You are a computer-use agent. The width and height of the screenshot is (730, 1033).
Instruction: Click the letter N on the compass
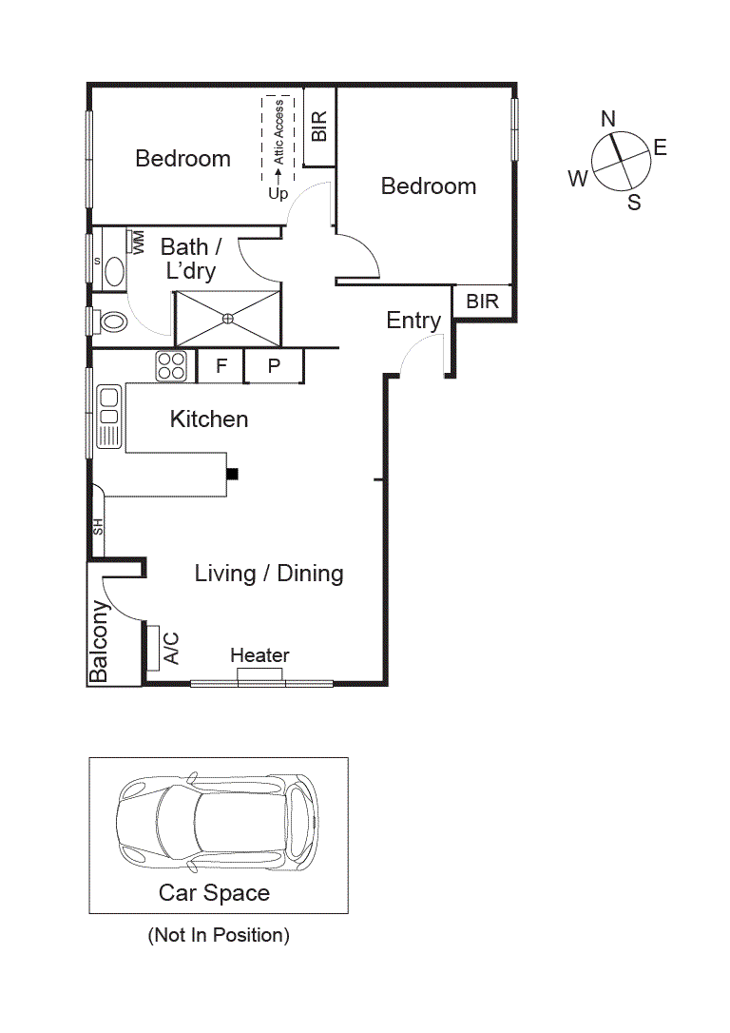click(608, 119)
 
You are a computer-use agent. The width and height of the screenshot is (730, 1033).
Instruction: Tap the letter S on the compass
click(634, 202)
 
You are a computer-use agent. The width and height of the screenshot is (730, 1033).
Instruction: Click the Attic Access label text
click(279, 132)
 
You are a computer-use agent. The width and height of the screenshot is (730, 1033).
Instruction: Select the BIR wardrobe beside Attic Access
click(319, 127)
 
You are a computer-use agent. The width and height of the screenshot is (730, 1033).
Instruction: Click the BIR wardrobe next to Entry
click(483, 302)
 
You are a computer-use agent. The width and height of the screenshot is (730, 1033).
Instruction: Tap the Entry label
click(413, 321)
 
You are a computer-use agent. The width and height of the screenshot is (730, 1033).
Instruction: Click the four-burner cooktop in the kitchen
click(171, 366)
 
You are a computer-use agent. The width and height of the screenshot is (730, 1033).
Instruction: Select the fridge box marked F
click(221, 365)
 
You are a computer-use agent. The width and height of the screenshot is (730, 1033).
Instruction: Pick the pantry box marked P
click(274, 365)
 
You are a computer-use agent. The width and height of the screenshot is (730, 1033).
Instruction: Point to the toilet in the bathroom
click(110, 322)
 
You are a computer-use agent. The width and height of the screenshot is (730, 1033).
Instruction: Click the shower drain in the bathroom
click(228, 318)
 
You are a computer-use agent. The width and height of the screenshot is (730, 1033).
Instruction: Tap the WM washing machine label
click(138, 241)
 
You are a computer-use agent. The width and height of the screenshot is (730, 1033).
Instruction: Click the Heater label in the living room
click(259, 655)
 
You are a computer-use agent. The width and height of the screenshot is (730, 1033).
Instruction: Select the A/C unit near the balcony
click(152, 647)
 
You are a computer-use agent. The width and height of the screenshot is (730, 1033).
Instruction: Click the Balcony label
click(99, 641)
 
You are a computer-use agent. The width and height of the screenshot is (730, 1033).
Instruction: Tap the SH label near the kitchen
click(97, 526)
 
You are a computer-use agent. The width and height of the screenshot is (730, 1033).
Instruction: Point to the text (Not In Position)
click(219, 935)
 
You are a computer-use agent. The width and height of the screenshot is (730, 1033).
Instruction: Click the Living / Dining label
click(269, 574)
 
